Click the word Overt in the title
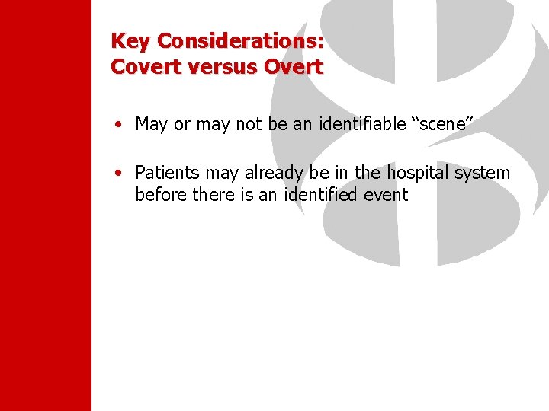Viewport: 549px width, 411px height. click(x=294, y=66)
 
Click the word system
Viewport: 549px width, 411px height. click(x=483, y=174)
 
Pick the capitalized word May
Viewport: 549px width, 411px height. click(x=151, y=125)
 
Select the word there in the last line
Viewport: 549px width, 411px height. click(x=213, y=194)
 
